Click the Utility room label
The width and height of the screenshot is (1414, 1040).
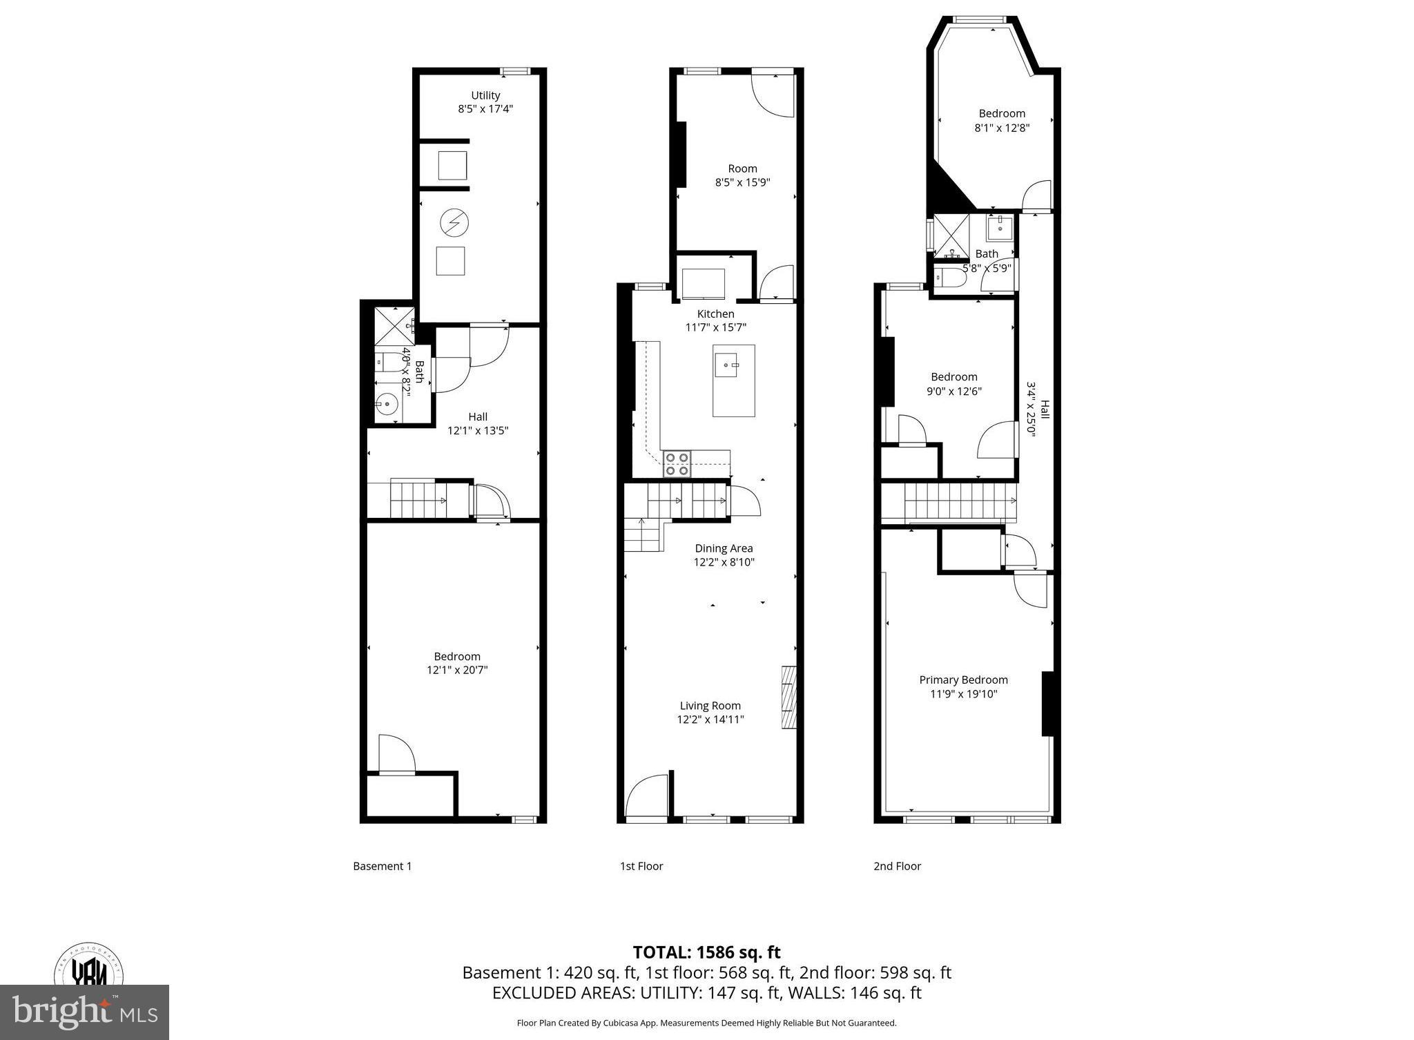coord(485,95)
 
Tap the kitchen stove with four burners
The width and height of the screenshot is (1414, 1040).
coord(677,464)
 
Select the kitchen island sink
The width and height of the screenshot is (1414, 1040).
coord(727,364)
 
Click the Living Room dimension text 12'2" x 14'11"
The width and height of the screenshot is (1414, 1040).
coord(710,720)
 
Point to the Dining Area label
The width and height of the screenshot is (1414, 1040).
coord(724,548)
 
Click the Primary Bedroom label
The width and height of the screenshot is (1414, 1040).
coord(963,680)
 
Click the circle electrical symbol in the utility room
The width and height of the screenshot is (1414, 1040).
coord(454,222)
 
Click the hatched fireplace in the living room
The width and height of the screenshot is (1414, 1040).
coord(788,697)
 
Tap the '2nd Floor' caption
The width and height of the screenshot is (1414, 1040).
coord(897,866)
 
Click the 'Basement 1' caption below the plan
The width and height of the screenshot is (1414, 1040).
coord(382,866)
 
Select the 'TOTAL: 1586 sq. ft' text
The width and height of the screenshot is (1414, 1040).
coord(706,953)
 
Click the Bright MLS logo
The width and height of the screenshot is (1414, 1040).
coord(84,1012)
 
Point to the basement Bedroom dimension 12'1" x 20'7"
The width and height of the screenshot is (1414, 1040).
coord(457,670)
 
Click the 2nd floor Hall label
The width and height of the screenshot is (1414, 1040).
coord(1045,410)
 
